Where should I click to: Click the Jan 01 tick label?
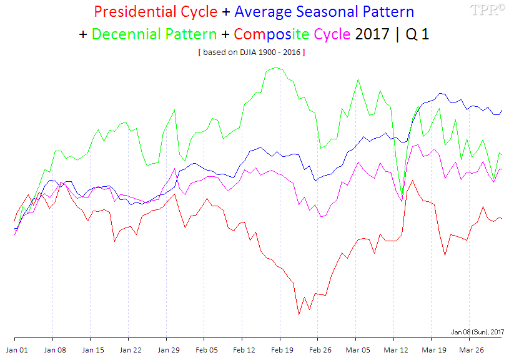coord(17,350)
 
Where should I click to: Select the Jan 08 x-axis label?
coord(54,350)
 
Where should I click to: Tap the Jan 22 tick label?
coord(131,350)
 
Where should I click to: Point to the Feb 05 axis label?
coord(206,350)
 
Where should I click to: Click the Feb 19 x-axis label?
coord(281,350)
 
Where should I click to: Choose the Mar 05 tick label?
coord(357,350)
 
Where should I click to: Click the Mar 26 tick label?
coord(472,350)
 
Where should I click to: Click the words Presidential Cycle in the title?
coord(156,12)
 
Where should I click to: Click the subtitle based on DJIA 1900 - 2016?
coord(251,52)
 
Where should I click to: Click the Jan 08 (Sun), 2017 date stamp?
coord(477,332)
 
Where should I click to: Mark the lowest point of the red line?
coord(299,314)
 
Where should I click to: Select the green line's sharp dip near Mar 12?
coord(402,193)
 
